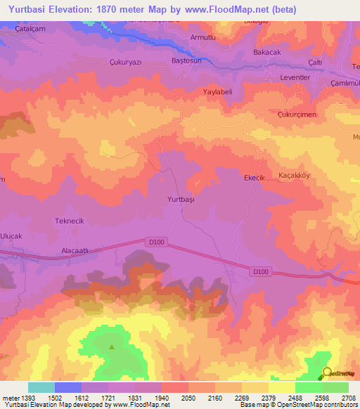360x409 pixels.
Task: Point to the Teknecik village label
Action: pos(70,221)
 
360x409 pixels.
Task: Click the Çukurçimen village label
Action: pos(297,115)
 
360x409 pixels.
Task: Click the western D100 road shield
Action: pos(157,242)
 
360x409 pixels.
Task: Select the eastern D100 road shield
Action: pos(260,271)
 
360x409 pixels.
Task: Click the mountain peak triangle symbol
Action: pos(111,346)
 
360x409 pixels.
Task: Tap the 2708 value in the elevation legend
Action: pos(349,398)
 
